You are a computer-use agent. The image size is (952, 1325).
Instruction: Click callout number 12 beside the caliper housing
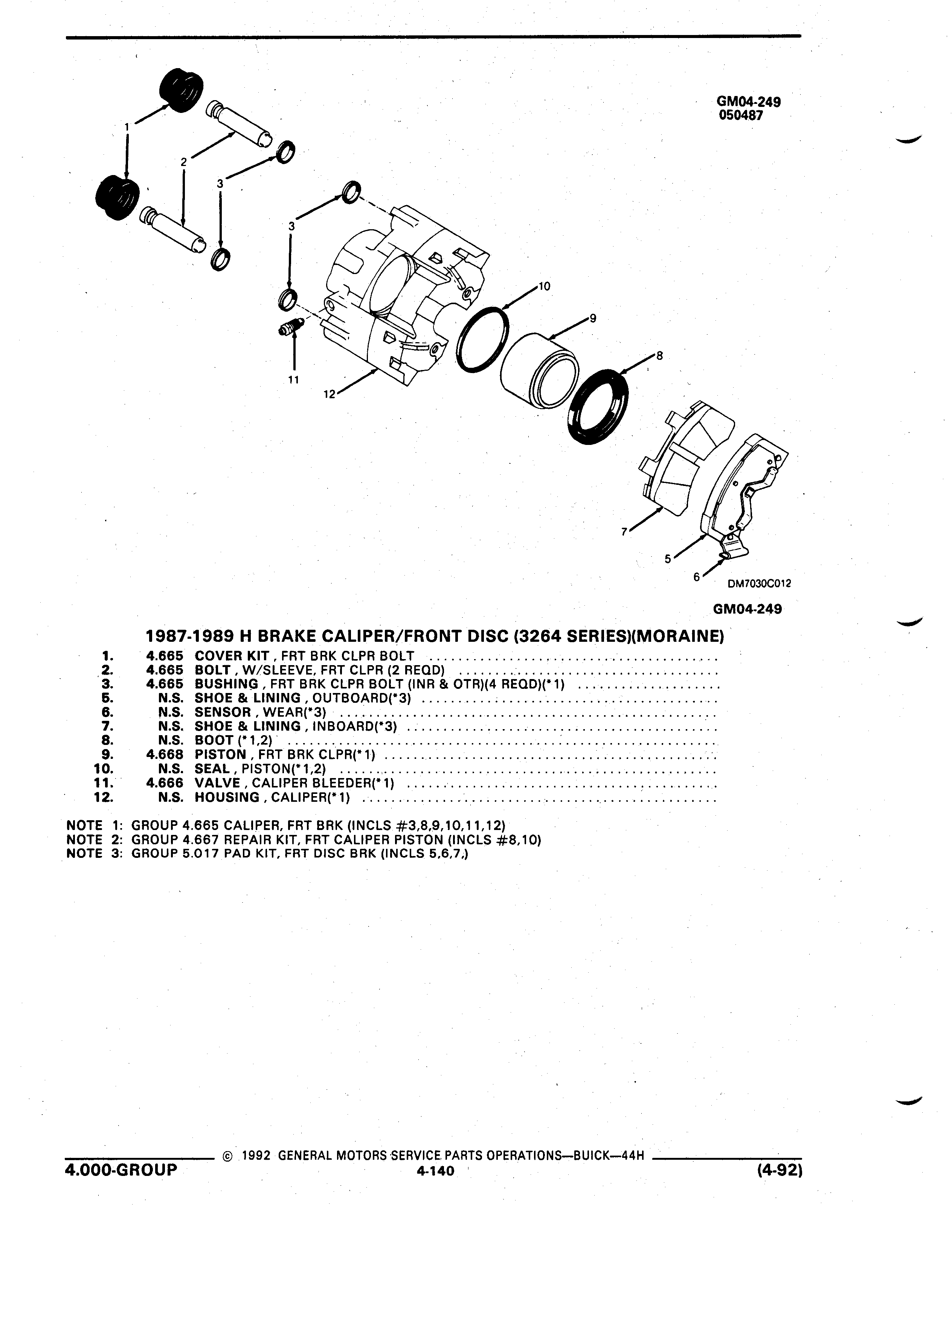tap(330, 394)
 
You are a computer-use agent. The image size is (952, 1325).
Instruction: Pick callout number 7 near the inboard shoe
tap(624, 532)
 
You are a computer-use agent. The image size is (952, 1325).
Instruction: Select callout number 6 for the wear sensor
tap(696, 577)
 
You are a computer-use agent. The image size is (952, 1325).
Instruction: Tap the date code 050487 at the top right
tap(740, 116)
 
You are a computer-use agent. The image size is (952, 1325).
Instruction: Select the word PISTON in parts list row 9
tap(220, 755)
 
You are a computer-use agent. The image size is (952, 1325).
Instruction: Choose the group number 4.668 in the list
tap(165, 755)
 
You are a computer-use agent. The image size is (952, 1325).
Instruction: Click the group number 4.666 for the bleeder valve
tap(165, 783)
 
